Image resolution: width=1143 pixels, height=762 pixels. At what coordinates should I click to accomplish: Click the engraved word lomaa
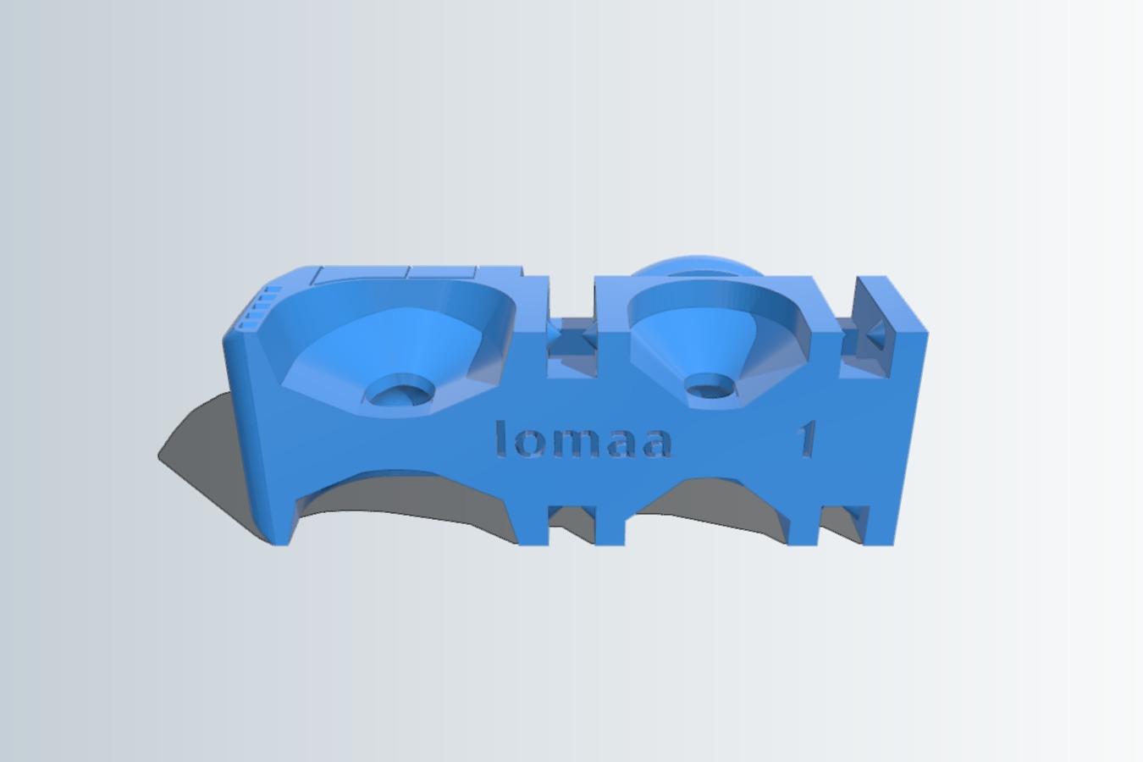(583, 439)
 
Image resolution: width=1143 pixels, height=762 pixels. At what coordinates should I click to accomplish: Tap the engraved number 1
(806, 439)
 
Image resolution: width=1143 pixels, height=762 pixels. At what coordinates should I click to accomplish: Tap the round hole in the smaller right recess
(710, 386)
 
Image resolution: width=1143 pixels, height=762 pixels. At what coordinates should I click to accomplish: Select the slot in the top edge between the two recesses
(571, 327)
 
